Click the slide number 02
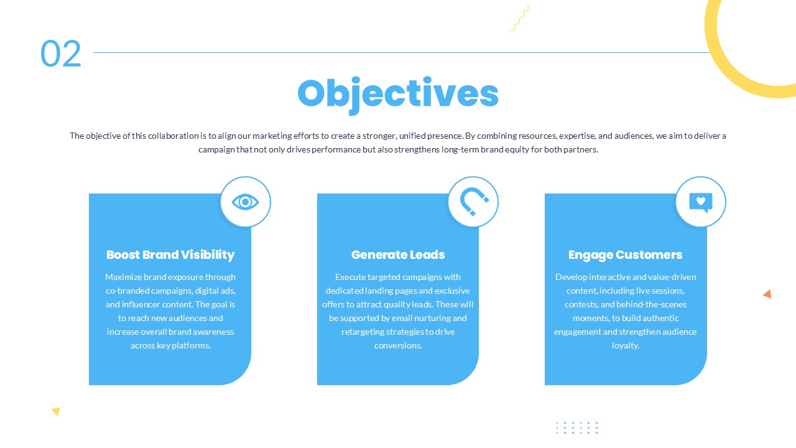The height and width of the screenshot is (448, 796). pyautogui.click(x=61, y=54)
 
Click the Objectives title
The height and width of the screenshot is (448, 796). pyautogui.click(x=398, y=93)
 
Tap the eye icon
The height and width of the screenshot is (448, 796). pyautogui.click(x=246, y=202)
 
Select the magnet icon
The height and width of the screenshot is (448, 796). pyautogui.click(x=473, y=202)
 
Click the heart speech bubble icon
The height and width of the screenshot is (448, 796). pyautogui.click(x=701, y=202)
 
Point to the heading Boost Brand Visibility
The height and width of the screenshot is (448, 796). pyautogui.click(x=170, y=254)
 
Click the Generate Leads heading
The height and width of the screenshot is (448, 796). pyautogui.click(x=398, y=254)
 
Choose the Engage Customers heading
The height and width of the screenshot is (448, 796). pyautogui.click(x=626, y=254)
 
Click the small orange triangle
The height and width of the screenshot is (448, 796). pyautogui.click(x=767, y=294)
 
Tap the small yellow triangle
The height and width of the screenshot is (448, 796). pyautogui.click(x=56, y=411)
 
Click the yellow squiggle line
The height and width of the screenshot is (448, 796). pyautogui.click(x=519, y=17)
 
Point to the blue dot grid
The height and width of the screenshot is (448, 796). pyautogui.click(x=576, y=427)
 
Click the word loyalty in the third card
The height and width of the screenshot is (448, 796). pyautogui.click(x=625, y=345)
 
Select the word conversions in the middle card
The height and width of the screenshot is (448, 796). pyautogui.click(x=397, y=345)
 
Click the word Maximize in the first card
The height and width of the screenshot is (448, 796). pyautogui.click(x=123, y=277)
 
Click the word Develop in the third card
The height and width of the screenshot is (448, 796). pyautogui.click(x=571, y=277)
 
